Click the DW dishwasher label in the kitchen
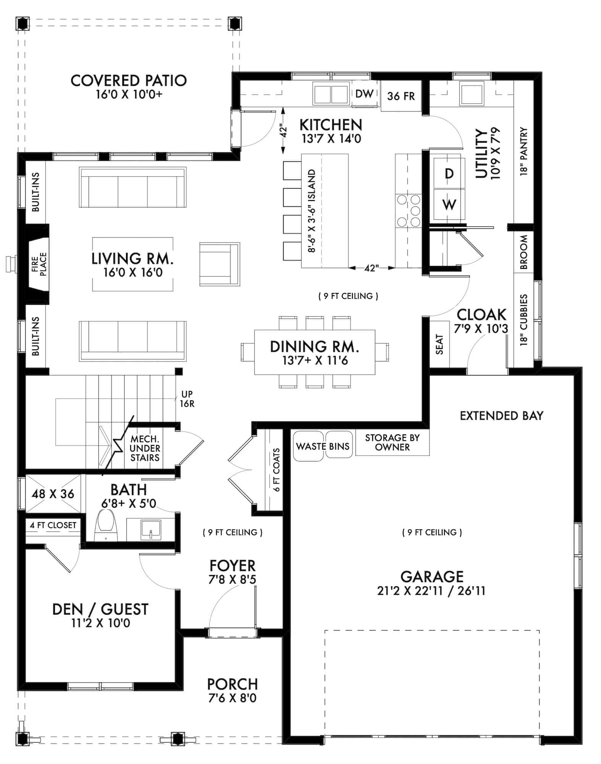coord(364,94)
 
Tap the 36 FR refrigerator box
coord(401,96)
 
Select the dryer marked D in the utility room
coord(449,174)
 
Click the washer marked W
coord(449,205)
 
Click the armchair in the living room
coord(220,264)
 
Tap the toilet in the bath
coord(106,525)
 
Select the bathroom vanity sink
coord(150,529)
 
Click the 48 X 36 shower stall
coord(53,494)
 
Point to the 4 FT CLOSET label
coord(53,525)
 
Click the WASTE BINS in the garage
coord(323,446)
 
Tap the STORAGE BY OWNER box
coord(392,442)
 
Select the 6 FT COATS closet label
coord(276,470)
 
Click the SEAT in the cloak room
coord(439,344)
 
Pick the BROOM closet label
coord(523,252)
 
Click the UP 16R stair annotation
coord(187,399)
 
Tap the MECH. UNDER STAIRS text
coord(145,448)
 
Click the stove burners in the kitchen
coord(409,210)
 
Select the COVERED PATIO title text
coord(129,81)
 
